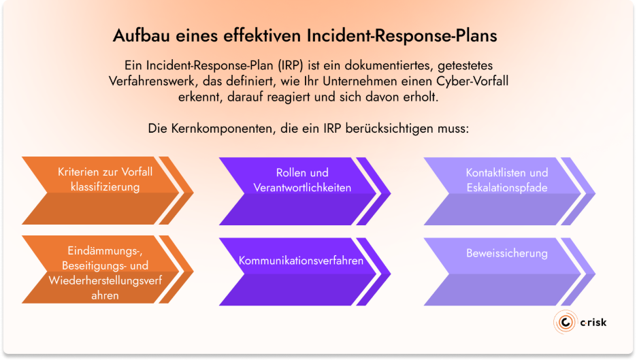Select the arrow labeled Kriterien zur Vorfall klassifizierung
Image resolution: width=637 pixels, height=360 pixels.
tap(102, 191)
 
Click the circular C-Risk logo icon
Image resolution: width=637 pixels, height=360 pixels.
tap(565, 322)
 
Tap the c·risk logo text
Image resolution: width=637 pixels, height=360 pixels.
tap(591, 322)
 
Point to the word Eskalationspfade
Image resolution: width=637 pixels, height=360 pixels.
tap(506, 187)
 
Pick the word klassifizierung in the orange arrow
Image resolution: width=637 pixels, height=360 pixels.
tap(105, 186)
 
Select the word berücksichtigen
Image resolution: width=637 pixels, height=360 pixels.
tap(385, 127)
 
